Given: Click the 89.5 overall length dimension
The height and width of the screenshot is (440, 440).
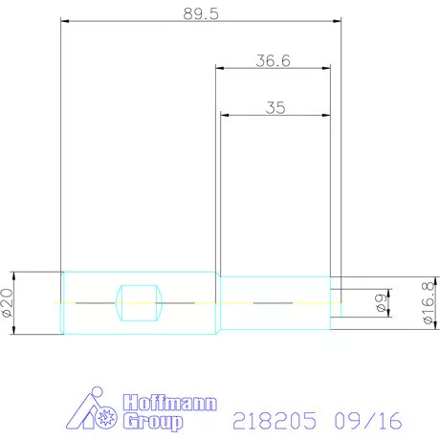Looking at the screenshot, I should click(x=200, y=12).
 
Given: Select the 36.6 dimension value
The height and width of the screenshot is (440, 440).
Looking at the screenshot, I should click(x=273, y=60).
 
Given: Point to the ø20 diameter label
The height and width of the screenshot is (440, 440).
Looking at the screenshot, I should click(x=8, y=302).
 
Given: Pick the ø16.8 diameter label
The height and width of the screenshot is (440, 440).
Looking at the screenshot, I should click(x=428, y=303).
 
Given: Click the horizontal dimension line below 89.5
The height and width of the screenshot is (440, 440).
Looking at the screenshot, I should click(x=200, y=21).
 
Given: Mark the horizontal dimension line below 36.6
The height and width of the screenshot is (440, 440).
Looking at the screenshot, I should click(x=273, y=69).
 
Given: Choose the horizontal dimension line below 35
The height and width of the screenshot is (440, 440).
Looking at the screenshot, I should click(x=275, y=116).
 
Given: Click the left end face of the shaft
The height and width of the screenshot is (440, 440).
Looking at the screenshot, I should click(x=62, y=302).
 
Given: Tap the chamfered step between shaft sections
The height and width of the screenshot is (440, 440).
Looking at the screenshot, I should click(x=220, y=302).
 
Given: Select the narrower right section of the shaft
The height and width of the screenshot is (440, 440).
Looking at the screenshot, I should click(x=277, y=302).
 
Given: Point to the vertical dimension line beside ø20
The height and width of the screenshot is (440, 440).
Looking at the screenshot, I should click(x=20, y=302).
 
